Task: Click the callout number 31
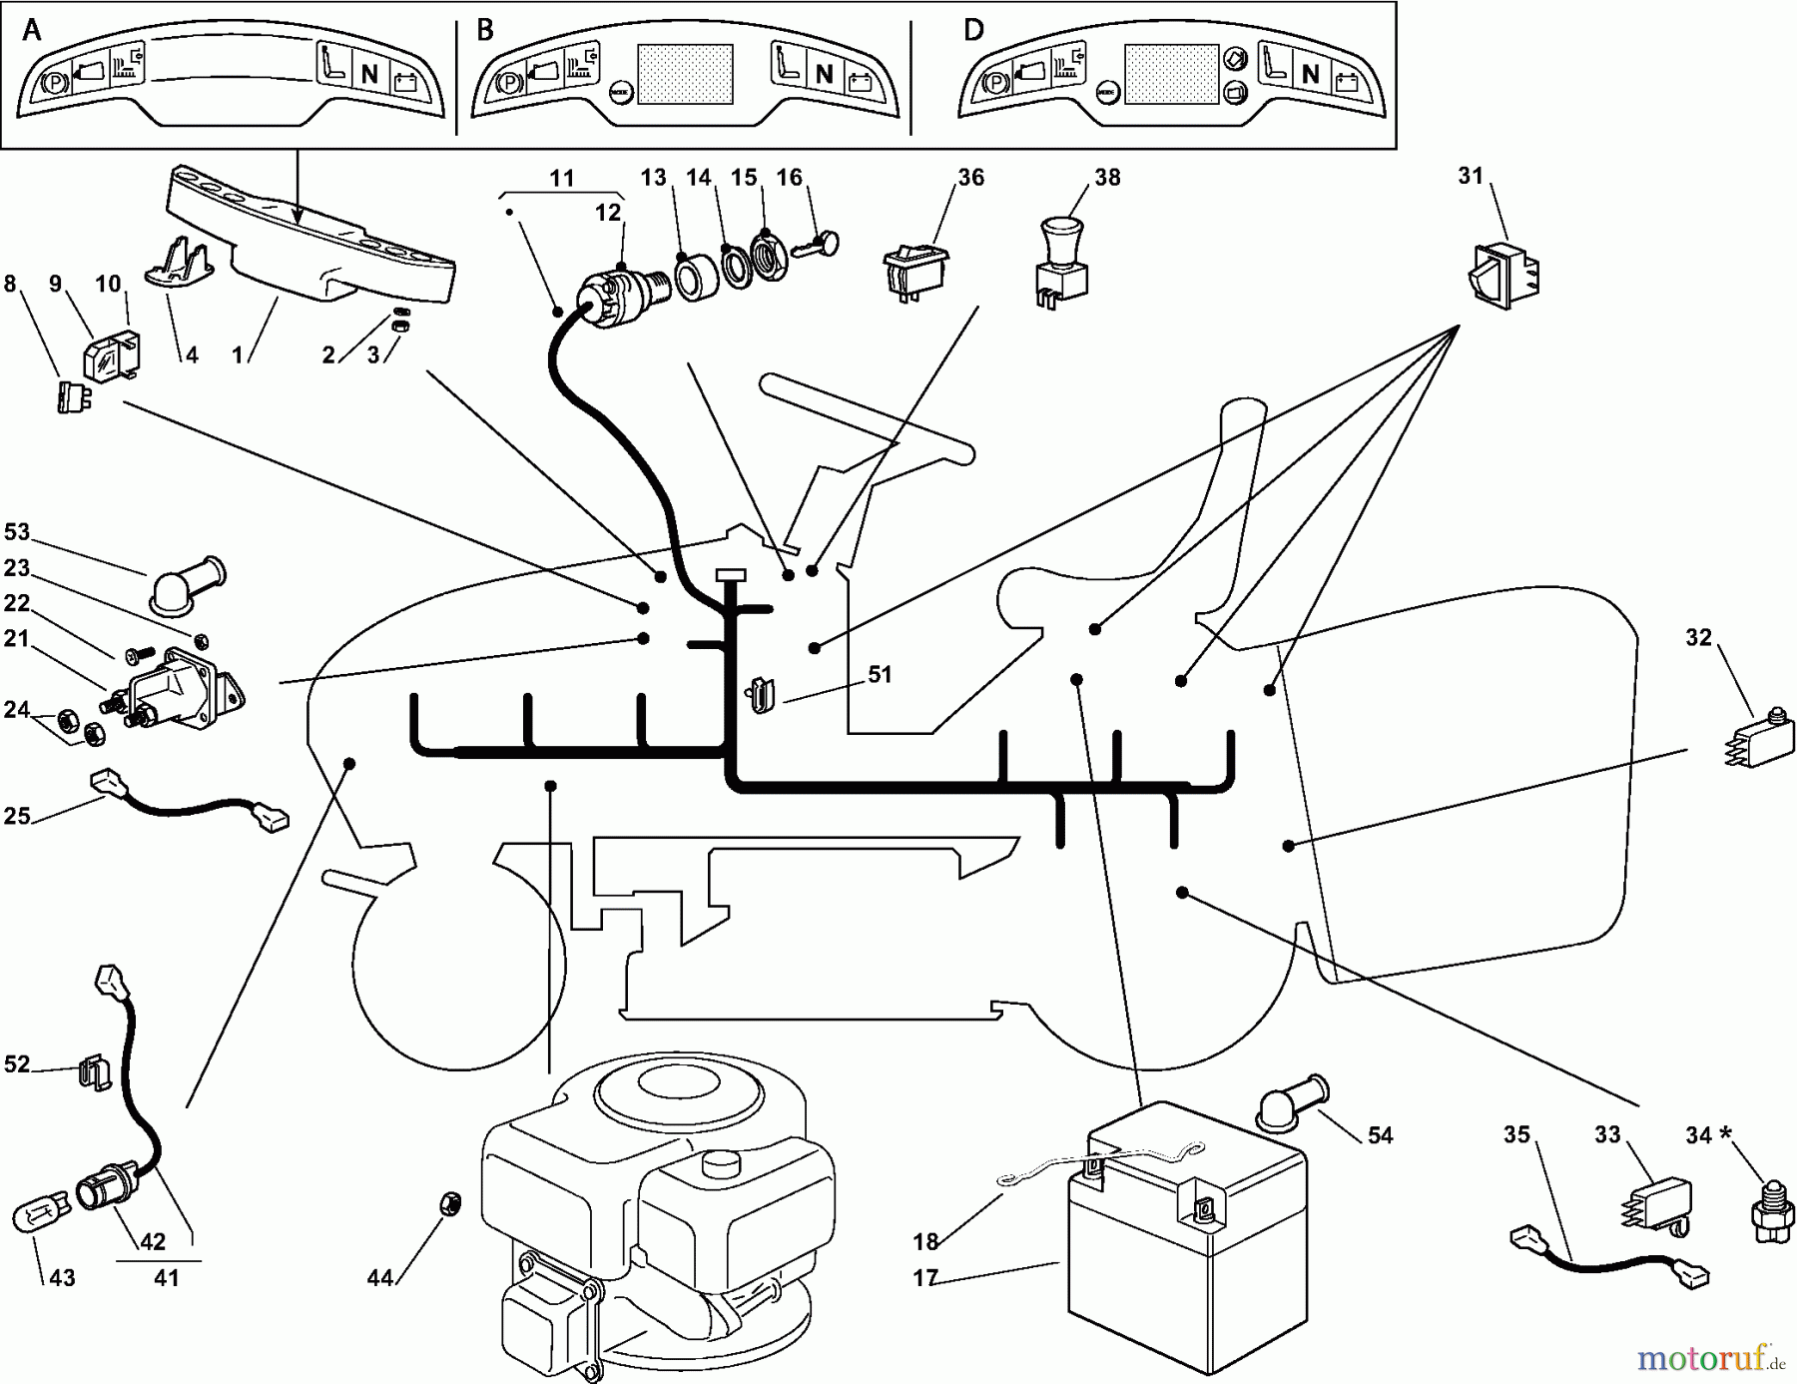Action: pos(1470,176)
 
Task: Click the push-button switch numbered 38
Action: pos(1060,264)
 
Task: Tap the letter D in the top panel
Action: pos(973,29)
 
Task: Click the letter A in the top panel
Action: pos(32,30)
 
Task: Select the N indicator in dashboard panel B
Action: pos(825,74)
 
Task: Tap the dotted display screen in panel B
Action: pos(685,74)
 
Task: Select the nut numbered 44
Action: pos(449,1205)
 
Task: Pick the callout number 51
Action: pos(879,675)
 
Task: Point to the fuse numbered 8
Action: pos(70,396)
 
